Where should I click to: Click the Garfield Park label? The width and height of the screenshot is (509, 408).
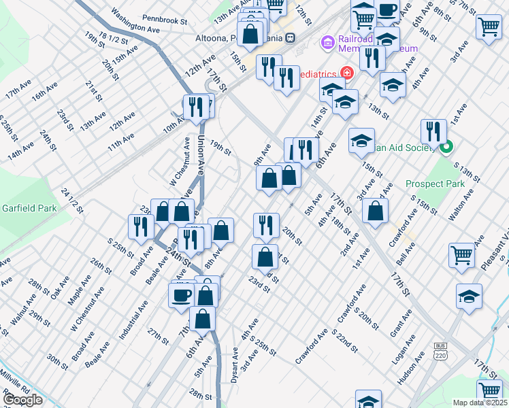point(24,207)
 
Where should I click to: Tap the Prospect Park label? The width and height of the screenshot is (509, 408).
point(435,184)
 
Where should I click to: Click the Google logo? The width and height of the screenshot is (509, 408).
point(22,400)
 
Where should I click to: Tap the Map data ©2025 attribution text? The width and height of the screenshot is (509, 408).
point(480,403)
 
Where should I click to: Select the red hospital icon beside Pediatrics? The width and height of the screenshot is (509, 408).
point(346,73)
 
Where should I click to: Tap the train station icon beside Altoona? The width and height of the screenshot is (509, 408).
point(290,38)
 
